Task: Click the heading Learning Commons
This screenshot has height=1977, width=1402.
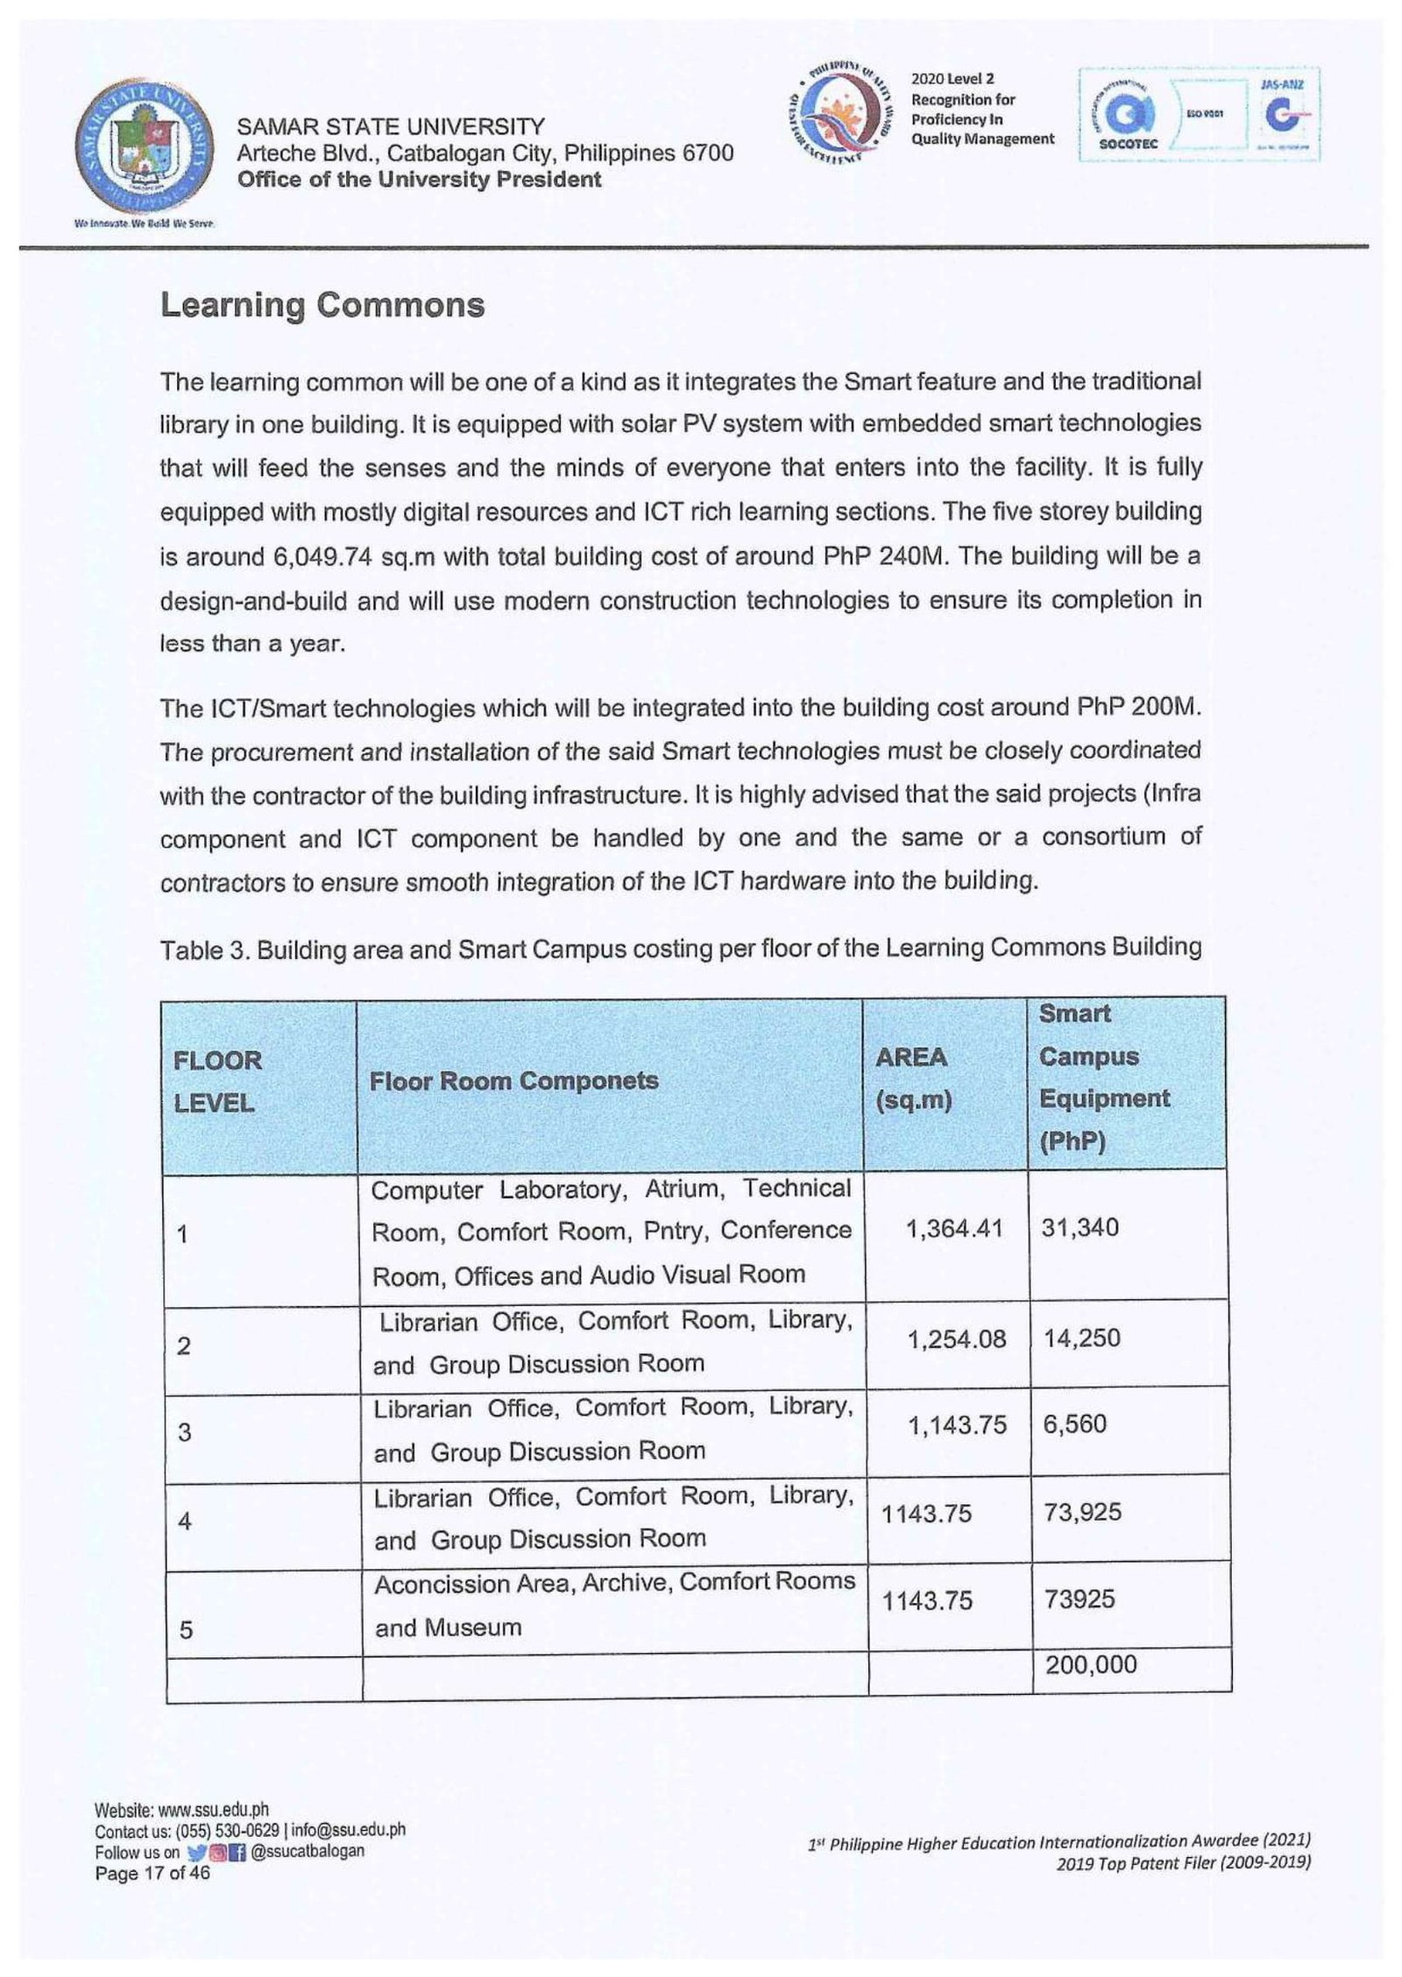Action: (322, 305)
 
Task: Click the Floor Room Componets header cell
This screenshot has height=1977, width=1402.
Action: (513, 1080)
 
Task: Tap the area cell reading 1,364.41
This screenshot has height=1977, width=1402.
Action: (955, 1228)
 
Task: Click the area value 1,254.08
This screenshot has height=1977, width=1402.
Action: (957, 1339)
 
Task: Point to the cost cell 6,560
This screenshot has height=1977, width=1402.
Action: (1074, 1424)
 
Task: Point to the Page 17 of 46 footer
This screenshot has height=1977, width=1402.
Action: (152, 1874)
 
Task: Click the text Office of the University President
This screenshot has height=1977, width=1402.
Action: (419, 180)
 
